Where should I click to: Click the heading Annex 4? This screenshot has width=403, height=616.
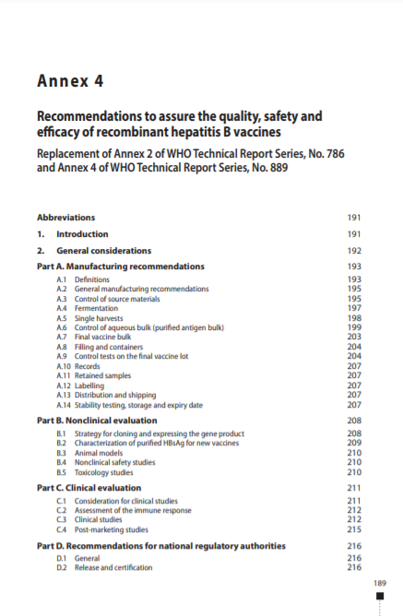click(70, 80)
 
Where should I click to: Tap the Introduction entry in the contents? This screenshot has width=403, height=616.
click(82, 234)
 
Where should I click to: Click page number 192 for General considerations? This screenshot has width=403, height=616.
click(353, 251)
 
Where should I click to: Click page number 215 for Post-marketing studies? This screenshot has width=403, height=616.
click(353, 529)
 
